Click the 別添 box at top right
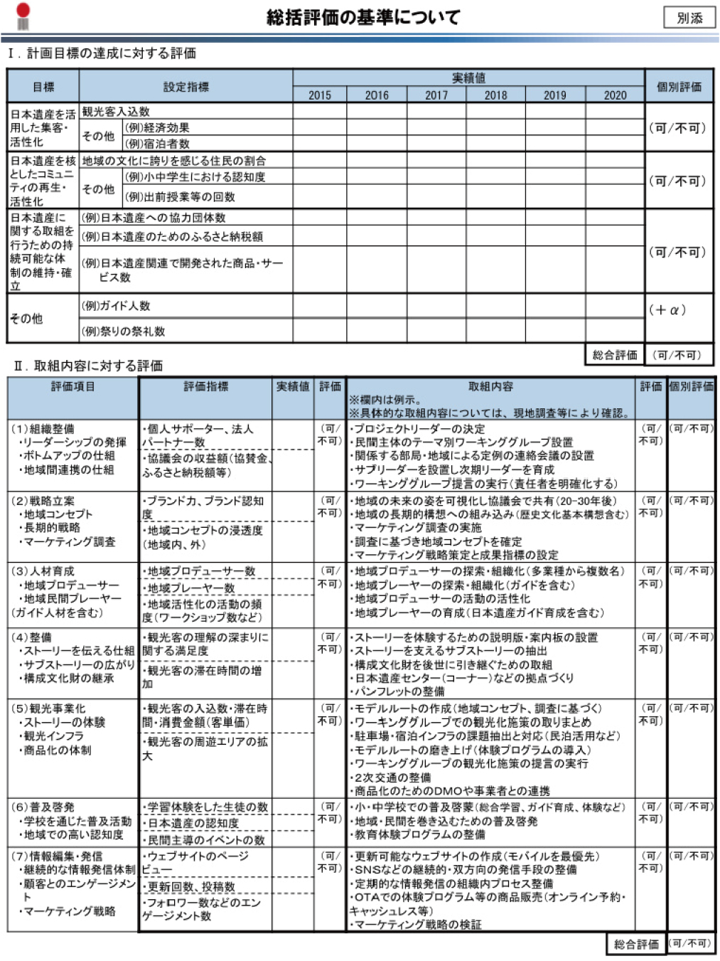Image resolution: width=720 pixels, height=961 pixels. (689, 18)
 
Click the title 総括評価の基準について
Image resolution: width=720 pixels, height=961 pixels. (363, 17)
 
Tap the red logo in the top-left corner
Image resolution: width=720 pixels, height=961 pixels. (23, 16)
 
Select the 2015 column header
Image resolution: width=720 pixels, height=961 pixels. (320, 95)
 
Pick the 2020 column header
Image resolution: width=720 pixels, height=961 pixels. (615, 95)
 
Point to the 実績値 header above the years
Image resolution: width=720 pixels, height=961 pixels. (468, 78)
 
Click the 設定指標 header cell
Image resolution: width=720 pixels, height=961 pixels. (186, 87)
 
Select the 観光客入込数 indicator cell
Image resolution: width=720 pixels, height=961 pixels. (116, 111)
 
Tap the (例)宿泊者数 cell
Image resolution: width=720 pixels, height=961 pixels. (157, 144)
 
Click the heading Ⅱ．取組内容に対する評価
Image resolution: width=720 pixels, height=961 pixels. (88, 366)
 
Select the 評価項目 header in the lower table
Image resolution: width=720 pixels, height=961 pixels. (72, 386)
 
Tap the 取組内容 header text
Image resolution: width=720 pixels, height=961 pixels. (490, 386)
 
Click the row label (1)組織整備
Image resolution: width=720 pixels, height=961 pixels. (43, 429)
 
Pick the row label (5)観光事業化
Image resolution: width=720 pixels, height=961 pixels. (48, 708)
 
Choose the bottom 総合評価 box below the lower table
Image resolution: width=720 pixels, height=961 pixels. (636, 944)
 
